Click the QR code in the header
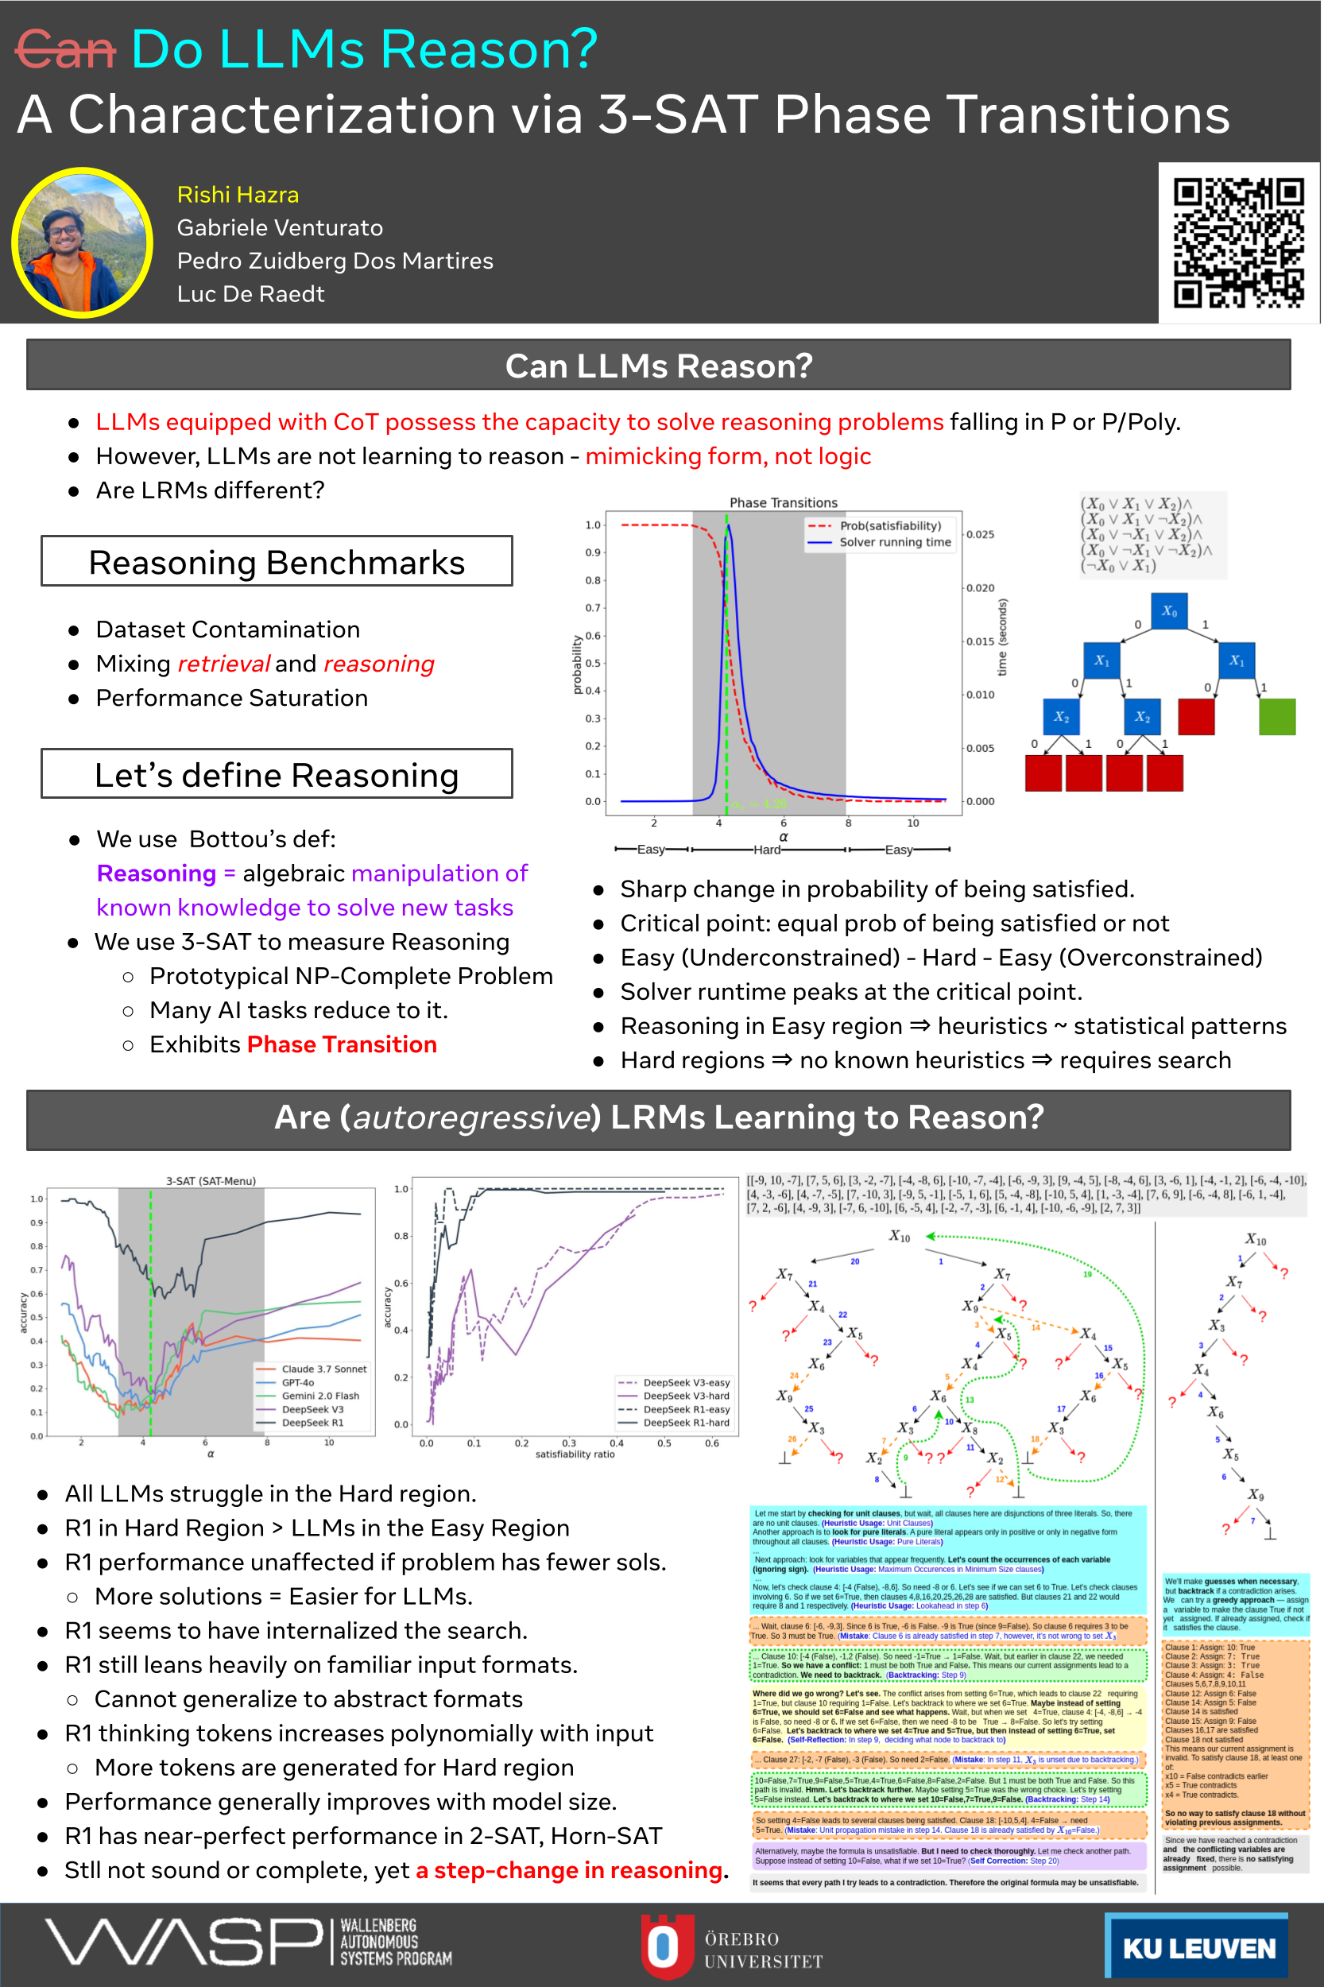(1238, 242)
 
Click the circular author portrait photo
(82, 243)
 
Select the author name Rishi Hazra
(238, 195)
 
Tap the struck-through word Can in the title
(65, 50)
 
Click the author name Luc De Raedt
(251, 294)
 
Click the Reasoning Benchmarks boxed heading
(276, 562)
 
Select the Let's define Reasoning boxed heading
(276, 773)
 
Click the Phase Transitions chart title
(783, 502)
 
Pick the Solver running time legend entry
(894, 542)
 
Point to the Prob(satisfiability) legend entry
(889, 525)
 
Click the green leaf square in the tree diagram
(1276, 717)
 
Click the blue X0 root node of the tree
(1168, 610)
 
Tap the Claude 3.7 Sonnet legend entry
(323, 1369)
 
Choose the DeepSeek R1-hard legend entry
(686, 1423)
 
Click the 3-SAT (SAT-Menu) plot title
(211, 1180)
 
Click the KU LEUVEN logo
(1197, 1947)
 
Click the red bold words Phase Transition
(342, 1044)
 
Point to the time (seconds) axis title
(1002, 637)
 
